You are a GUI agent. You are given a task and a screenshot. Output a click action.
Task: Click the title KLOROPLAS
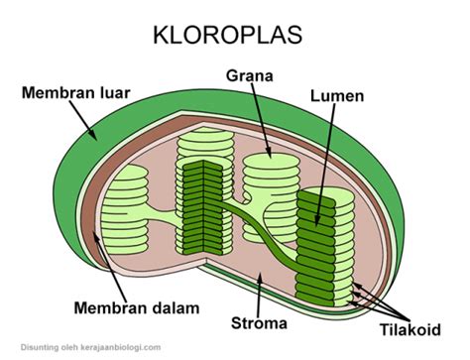click(234, 36)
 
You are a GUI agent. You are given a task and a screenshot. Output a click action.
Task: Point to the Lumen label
click(334, 96)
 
